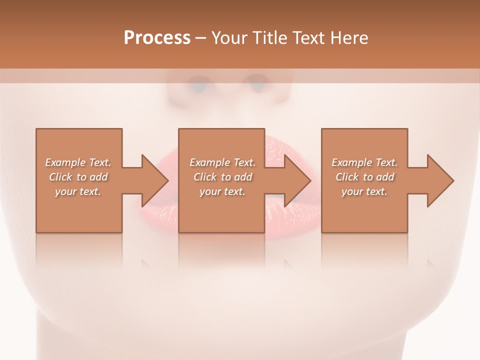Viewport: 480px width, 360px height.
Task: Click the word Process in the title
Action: (157, 38)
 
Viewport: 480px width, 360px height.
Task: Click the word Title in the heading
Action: (267, 38)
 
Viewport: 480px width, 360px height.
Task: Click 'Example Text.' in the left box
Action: (78, 162)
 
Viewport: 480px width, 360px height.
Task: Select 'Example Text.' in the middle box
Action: (222, 162)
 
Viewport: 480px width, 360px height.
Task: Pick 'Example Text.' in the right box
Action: (364, 162)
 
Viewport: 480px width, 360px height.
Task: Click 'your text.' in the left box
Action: (78, 191)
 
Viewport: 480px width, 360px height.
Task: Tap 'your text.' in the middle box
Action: (222, 191)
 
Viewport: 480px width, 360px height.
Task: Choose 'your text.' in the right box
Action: (364, 191)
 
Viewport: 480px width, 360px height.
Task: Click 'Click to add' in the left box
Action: (78, 177)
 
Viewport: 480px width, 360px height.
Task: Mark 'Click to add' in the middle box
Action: (222, 177)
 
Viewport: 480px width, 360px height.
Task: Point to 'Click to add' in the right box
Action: (364, 177)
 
